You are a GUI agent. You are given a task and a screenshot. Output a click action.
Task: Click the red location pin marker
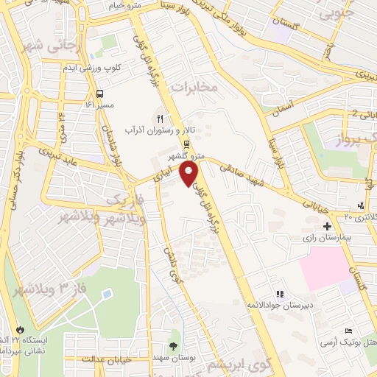(x=190, y=175)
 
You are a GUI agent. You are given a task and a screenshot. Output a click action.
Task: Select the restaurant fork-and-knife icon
(x=159, y=117)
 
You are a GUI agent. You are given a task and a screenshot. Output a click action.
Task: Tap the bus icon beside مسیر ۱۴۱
(x=100, y=94)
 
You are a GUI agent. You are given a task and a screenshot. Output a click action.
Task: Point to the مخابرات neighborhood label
(x=195, y=88)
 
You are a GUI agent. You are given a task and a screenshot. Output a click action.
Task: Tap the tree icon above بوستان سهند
(x=173, y=345)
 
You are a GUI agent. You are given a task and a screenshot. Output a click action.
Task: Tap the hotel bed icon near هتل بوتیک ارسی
(x=348, y=332)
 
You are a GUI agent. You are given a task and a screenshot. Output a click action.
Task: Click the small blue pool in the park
(x=108, y=293)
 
